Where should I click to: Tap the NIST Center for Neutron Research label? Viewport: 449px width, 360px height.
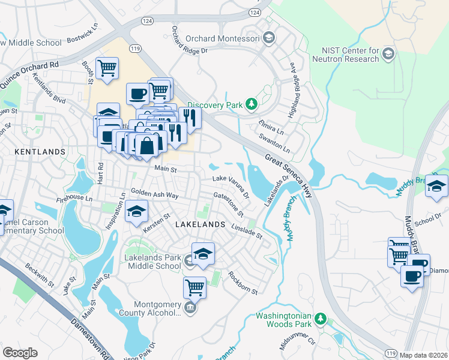pos(345,54)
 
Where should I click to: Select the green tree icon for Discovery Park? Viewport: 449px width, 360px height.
pos(252,105)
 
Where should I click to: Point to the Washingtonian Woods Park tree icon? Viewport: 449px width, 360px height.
pos(321,319)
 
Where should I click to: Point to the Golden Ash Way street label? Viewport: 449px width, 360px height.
pos(155,195)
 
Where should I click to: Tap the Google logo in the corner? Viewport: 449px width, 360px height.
pos(20,352)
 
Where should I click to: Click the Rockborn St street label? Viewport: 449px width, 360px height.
pos(242,286)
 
